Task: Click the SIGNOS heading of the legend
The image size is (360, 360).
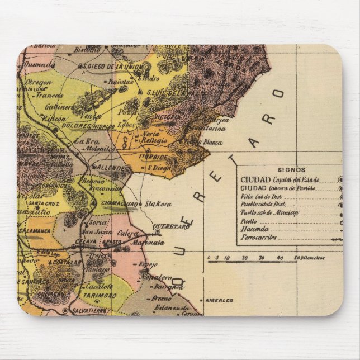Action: tap(291, 169)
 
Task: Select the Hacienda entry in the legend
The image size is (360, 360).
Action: tap(254, 229)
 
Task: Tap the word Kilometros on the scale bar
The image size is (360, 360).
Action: tap(311, 258)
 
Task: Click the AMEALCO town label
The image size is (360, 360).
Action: tap(219, 300)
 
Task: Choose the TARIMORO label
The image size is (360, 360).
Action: tap(102, 296)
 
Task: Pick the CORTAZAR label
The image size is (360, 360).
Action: tap(68, 263)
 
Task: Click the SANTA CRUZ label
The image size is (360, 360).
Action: tap(45, 205)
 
